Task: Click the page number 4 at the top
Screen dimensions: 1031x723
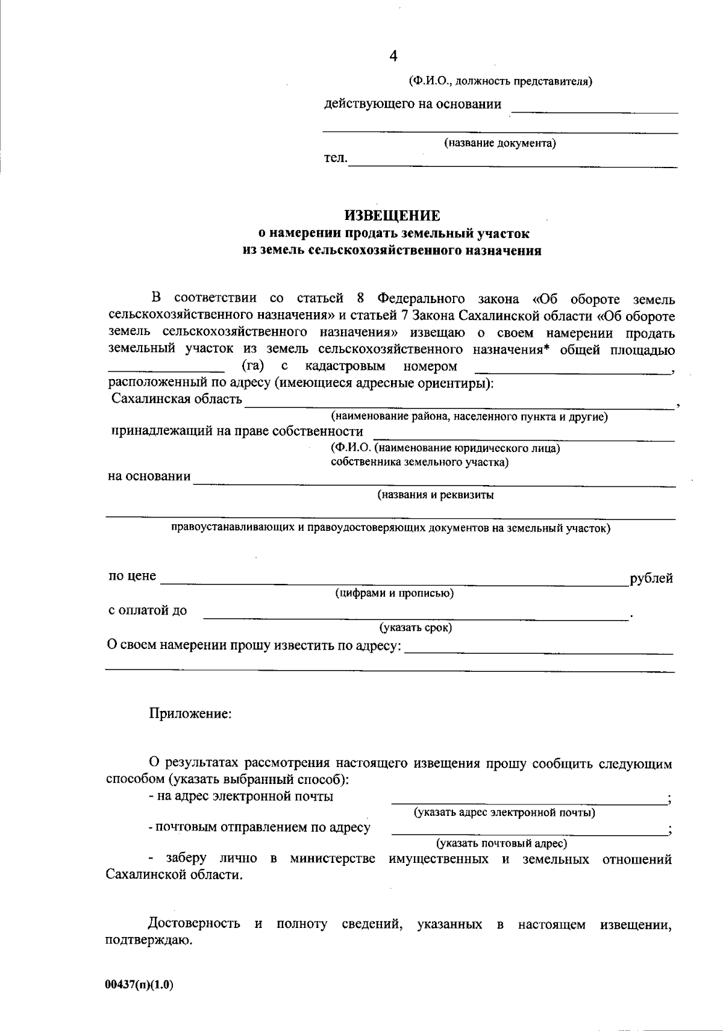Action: point(393,56)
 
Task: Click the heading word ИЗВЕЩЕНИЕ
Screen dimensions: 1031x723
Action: point(392,215)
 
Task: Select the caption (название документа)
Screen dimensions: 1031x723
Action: point(500,143)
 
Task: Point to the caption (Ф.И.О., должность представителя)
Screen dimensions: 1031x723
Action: point(500,81)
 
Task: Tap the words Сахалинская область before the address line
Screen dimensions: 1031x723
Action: point(177,398)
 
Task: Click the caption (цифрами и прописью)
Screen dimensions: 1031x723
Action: point(395,593)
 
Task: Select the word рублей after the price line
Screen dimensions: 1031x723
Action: point(651,578)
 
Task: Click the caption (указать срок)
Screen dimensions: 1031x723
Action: point(416,627)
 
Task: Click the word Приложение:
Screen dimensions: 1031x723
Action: point(190,713)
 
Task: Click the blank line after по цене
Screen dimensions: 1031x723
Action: point(395,581)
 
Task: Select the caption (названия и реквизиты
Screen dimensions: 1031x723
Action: point(436,495)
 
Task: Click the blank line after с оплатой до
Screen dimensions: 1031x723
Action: point(416,615)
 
